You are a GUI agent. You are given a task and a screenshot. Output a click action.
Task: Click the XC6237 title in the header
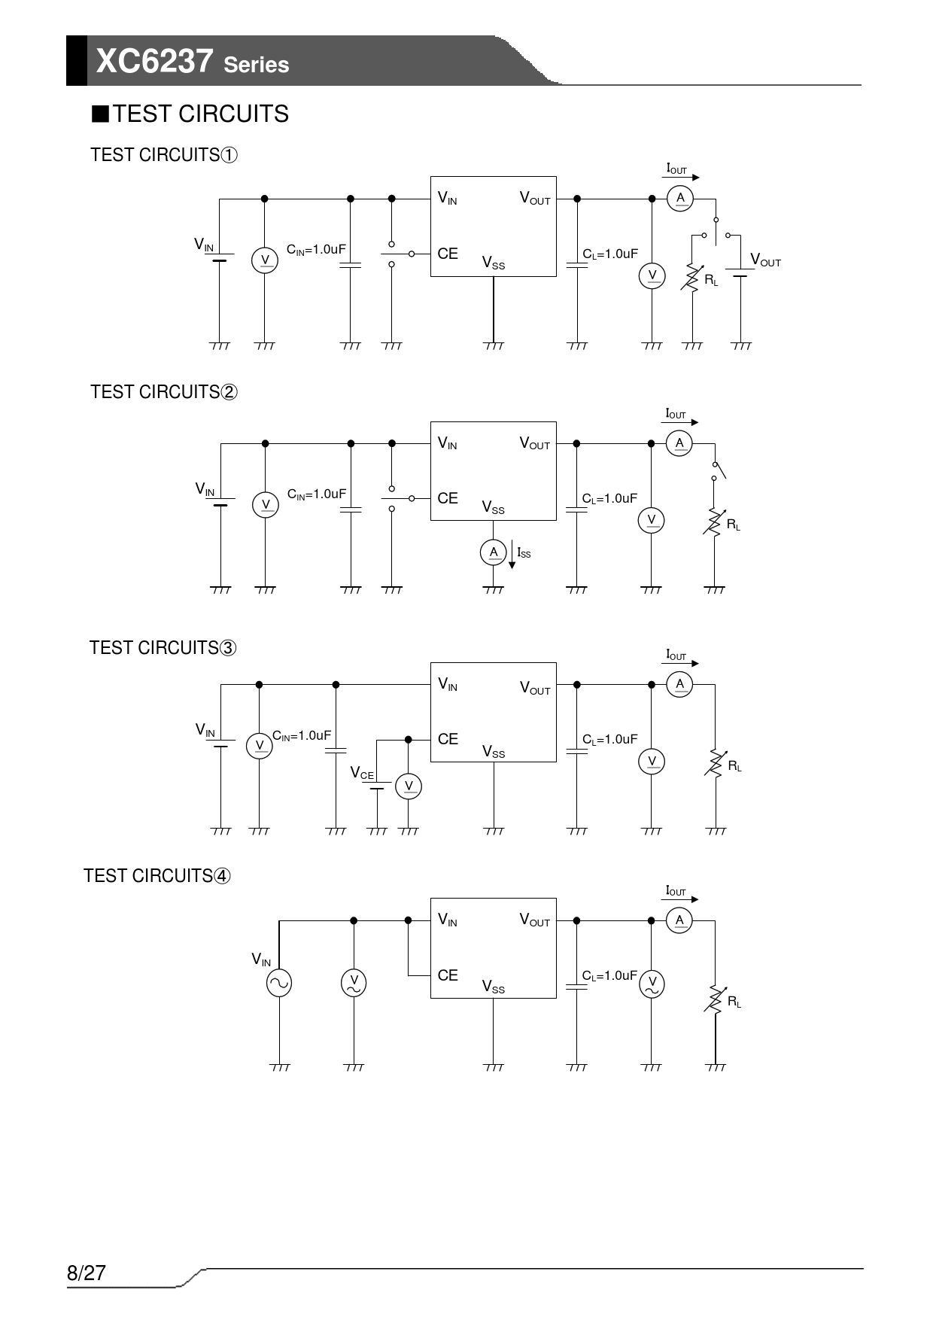pos(155,61)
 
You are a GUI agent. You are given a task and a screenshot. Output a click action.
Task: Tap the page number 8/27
pos(87,1273)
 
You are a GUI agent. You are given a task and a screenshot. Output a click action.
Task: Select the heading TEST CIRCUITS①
pos(164,155)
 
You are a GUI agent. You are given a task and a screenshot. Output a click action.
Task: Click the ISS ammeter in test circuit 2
pos(493,552)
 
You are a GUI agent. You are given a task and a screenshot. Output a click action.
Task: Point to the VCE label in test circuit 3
pos(362,773)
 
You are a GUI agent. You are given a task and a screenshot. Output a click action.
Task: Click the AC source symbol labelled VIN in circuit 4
pos(279,983)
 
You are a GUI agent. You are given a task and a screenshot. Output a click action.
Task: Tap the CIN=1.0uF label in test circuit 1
pos(316,250)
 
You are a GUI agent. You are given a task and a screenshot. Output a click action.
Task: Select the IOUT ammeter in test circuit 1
pos(680,198)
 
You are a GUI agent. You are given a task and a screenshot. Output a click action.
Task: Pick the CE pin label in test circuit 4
pos(448,975)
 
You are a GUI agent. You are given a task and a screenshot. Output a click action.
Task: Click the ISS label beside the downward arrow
pos(524,553)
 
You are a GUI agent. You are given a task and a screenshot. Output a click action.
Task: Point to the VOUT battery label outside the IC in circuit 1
pos(765,260)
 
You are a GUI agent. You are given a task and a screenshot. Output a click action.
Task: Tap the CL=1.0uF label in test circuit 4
pos(609,976)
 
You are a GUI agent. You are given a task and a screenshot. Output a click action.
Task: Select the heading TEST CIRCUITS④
pos(157,876)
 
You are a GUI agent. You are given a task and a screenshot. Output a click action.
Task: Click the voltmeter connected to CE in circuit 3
pos(409,786)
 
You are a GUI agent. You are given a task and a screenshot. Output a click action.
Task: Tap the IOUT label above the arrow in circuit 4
pos(676,891)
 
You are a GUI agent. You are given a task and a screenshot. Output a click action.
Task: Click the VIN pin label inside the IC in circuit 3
pos(448,684)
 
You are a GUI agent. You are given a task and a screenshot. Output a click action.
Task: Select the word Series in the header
pos(256,65)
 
